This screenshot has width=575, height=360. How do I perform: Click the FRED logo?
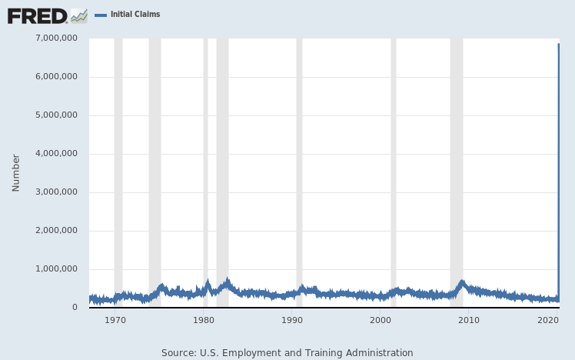pyautogui.click(x=37, y=15)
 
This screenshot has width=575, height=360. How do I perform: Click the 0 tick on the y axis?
pyautogui.click(x=74, y=308)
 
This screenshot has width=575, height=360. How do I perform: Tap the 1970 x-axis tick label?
pyautogui.click(x=115, y=320)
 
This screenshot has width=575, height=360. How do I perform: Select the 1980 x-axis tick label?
pyautogui.click(x=204, y=320)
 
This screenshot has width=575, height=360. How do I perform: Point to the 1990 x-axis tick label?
pyautogui.click(x=292, y=320)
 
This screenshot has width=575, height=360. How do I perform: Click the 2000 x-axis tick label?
pyautogui.click(x=381, y=320)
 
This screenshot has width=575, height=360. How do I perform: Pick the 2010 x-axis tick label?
pyautogui.click(x=469, y=320)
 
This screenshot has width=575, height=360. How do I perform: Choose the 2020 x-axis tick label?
pyautogui.click(x=548, y=320)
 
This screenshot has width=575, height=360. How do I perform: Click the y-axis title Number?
pyautogui.click(x=16, y=172)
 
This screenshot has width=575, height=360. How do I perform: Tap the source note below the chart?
pyautogui.click(x=287, y=352)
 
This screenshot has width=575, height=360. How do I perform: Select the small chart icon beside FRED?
pyautogui.click(x=78, y=15)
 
